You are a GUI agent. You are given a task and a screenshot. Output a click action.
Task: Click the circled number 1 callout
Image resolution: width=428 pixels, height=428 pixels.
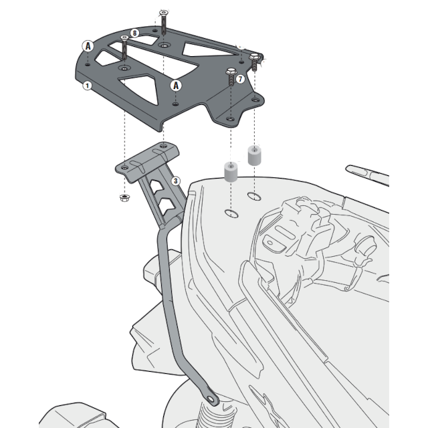click(x=88, y=86)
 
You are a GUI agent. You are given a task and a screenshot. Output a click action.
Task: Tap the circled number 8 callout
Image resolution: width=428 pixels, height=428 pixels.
click(x=135, y=33)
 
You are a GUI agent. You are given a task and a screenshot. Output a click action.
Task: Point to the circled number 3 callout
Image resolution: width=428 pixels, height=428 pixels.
click(x=175, y=181)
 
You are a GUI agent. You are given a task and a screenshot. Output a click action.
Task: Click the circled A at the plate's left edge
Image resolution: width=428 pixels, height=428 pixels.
click(x=88, y=45)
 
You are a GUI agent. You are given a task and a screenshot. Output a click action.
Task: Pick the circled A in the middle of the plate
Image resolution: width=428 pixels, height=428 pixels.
click(x=175, y=85)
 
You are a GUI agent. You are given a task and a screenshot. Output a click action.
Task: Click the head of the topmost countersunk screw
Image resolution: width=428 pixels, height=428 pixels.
click(x=164, y=13)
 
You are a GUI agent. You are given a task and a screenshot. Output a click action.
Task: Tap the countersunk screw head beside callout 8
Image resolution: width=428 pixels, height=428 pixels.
click(x=124, y=37)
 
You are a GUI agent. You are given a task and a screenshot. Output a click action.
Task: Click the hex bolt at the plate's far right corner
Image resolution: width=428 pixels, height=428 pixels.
click(x=255, y=58)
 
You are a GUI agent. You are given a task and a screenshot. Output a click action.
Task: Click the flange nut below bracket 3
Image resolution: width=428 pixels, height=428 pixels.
click(x=124, y=198)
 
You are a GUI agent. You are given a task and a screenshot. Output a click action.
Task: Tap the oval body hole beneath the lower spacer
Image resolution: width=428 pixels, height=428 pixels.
click(x=231, y=214)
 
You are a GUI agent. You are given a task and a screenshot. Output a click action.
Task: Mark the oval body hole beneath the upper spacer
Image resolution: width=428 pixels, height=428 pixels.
click(x=253, y=197)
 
